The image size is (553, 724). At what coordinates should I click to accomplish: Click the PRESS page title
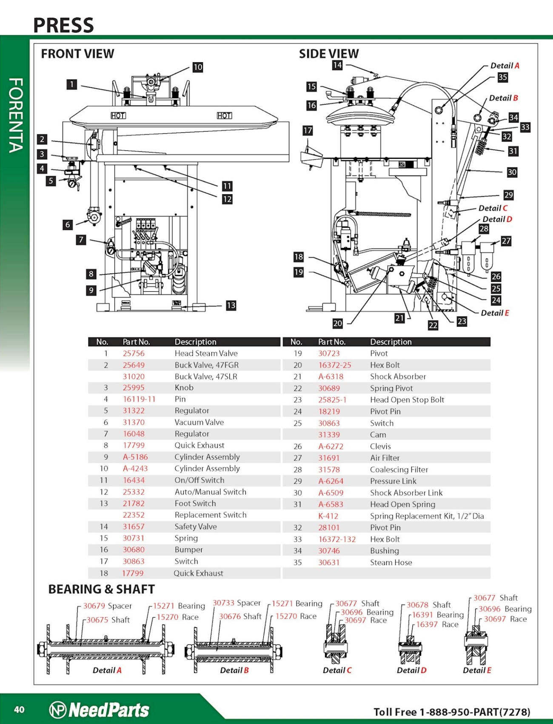[x=63, y=25]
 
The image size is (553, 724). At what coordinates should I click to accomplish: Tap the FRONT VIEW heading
[x=77, y=54]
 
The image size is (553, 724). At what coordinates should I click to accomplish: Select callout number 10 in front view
[x=198, y=67]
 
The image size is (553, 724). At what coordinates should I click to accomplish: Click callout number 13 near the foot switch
[x=231, y=305]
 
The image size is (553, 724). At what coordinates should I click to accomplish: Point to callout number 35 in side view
[x=503, y=77]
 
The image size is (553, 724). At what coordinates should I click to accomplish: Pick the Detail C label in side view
[x=493, y=208]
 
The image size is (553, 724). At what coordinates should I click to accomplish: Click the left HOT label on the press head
[x=118, y=115]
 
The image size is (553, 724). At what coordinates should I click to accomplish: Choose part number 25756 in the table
[x=134, y=353]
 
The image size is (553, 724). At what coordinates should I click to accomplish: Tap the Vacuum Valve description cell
[x=199, y=422]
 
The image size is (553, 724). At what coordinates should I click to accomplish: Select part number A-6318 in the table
[x=331, y=376]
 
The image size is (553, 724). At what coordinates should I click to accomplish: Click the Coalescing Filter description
[x=399, y=470]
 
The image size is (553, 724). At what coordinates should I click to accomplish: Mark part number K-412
[x=328, y=516]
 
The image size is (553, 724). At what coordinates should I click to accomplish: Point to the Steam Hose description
[x=391, y=563]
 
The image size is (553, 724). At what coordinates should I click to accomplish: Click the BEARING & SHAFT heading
[x=101, y=589]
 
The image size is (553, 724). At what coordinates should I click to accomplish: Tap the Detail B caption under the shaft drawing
[x=234, y=670]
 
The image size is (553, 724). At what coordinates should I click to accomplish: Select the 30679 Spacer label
[x=107, y=606]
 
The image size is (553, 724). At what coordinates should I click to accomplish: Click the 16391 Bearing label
[x=438, y=615]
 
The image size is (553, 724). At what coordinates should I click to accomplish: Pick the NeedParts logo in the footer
[x=100, y=710]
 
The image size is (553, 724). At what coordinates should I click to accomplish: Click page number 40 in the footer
[x=19, y=710]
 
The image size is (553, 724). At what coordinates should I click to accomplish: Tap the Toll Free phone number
[x=452, y=712]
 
